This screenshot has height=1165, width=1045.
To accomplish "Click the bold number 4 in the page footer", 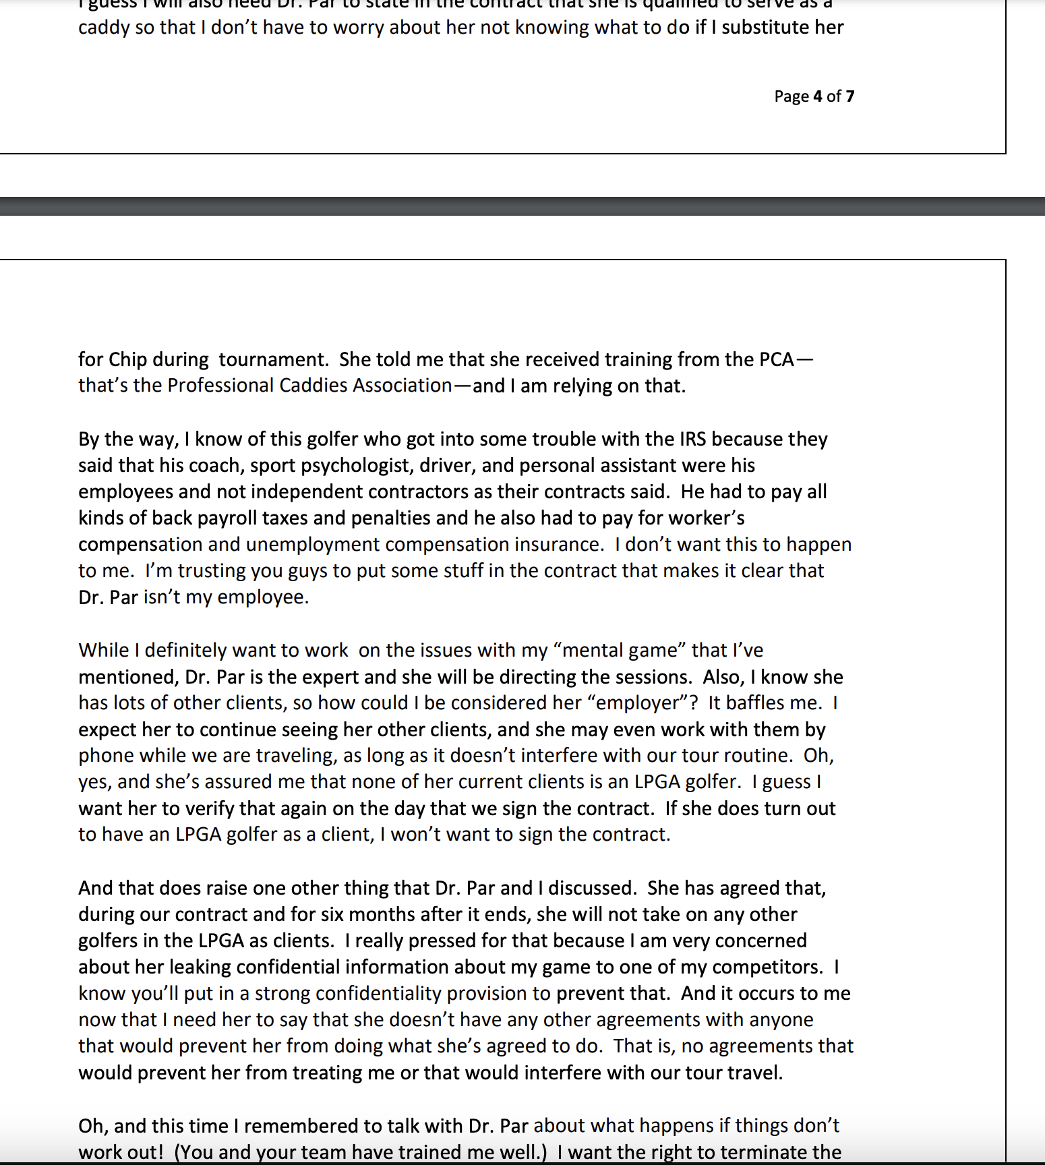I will pos(817,96).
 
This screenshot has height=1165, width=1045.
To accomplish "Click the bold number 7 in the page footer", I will pos(850,96).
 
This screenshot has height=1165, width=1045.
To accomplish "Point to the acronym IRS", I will pos(692,439).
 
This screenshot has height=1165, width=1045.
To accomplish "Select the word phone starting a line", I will pos(106,756).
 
